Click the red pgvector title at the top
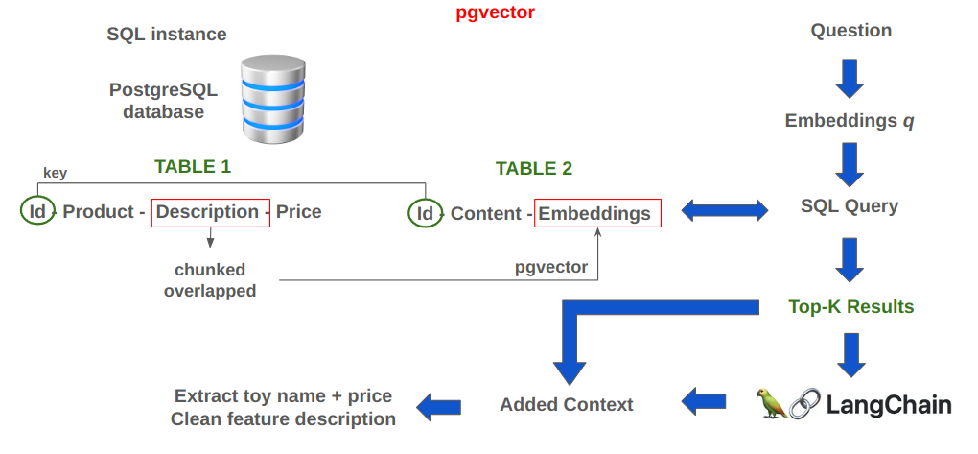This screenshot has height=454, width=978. [495, 13]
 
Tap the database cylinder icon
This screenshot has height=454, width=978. [273, 99]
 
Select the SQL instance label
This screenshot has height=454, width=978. [167, 35]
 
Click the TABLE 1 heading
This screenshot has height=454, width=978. [193, 166]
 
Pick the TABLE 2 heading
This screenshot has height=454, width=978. [533, 169]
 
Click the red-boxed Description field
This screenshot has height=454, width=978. [207, 212]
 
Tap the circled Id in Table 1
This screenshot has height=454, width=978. [37, 211]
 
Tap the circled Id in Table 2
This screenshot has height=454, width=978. [425, 213]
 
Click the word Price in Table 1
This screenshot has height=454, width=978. [299, 212]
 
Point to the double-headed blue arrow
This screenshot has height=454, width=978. [724, 209]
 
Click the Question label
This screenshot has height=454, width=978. [851, 31]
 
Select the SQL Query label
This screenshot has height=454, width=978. [850, 206]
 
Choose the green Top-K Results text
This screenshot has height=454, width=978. [850, 307]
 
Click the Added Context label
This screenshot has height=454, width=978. [567, 404]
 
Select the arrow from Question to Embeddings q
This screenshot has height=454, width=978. [850, 78]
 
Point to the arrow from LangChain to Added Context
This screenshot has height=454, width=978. [703, 400]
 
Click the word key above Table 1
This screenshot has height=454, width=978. [55, 173]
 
